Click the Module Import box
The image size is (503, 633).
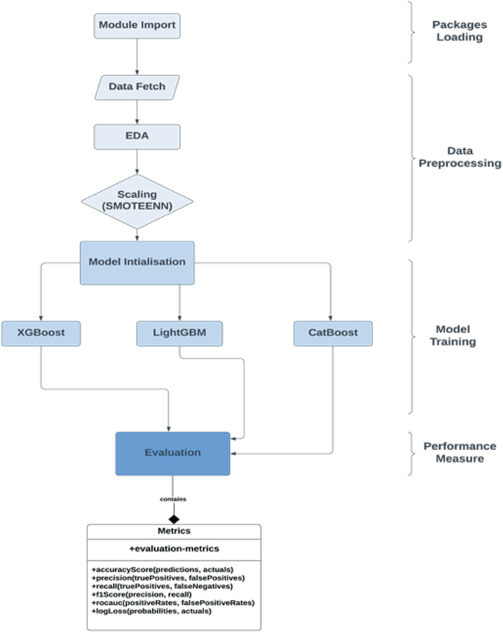click(x=137, y=26)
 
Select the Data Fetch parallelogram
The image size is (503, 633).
click(x=137, y=87)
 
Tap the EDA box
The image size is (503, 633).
click(x=137, y=136)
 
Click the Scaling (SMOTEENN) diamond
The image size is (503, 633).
click(x=137, y=201)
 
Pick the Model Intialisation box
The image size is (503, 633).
click(x=137, y=262)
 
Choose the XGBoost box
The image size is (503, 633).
click(x=40, y=333)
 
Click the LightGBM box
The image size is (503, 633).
click(x=179, y=333)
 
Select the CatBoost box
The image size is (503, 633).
click(x=333, y=333)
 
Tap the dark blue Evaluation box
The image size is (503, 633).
click(x=173, y=453)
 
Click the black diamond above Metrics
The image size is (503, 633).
click(x=173, y=518)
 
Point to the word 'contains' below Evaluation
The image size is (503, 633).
click(x=173, y=500)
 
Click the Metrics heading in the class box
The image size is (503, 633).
click(x=173, y=531)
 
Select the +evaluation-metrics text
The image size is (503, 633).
click(x=173, y=548)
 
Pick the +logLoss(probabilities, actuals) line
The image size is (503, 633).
click(x=151, y=610)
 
